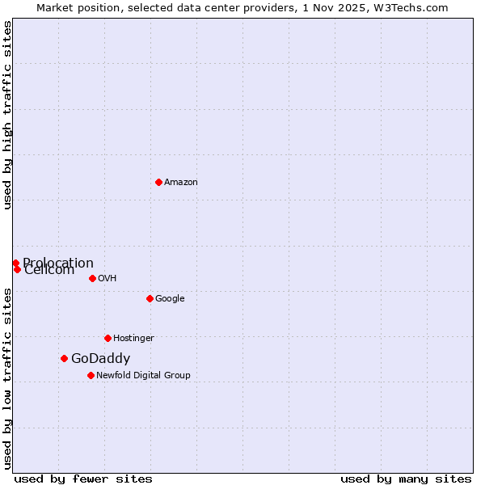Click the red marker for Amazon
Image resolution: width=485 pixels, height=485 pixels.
point(158,182)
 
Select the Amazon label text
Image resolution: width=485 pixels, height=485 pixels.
point(181,183)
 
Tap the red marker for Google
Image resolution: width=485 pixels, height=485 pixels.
point(150,298)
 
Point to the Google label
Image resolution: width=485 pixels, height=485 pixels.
point(170,299)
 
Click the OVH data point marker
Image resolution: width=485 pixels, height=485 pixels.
point(92,278)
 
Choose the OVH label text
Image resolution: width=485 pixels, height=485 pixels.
point(108,279)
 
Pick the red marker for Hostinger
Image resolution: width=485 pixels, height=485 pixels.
point(108,338)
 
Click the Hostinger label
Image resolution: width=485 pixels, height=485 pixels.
point(133,339)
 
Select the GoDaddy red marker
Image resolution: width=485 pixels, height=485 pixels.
point(64,358)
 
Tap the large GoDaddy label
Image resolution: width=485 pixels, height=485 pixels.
point(100,359)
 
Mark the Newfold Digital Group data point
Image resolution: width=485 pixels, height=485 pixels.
point(91,375)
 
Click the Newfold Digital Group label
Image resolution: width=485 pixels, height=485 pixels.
point(143,376)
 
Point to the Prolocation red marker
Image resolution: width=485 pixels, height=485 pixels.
point(15,263)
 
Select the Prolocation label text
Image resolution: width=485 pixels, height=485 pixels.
point(59,262)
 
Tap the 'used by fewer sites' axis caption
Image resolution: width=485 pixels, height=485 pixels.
point(83,479)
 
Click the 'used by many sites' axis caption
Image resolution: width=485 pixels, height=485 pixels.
point(406,479)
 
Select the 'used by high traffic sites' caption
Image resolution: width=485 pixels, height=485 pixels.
point(7,115)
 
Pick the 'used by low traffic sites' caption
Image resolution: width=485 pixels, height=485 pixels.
point(7,377)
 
